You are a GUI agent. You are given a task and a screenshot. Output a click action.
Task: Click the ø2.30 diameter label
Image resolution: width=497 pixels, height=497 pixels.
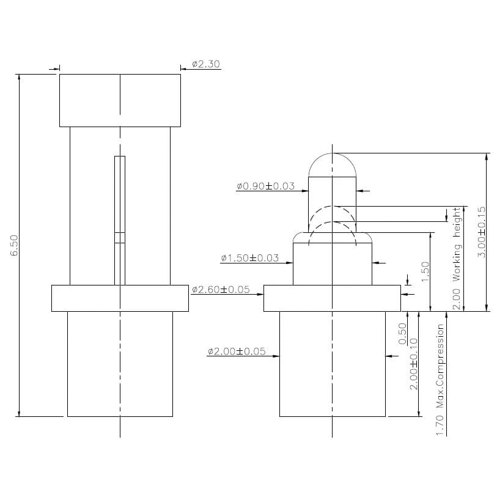coord(205,64)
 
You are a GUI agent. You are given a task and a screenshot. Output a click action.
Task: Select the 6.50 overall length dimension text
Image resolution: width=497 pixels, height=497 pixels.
coord(15,245)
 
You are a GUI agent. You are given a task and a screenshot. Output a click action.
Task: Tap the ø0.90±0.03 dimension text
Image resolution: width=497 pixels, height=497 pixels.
coord(265,186)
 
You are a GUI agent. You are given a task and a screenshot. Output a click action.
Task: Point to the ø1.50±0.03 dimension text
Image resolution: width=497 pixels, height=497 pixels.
coord(249,258)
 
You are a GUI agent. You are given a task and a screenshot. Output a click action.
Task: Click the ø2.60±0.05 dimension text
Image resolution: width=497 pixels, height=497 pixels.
coord(221,289)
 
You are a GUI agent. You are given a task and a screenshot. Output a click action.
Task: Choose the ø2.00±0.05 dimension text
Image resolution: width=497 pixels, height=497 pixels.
coord(237,352)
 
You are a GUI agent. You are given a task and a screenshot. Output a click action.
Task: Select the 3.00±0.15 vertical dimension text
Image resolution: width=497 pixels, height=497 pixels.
coord(481,232)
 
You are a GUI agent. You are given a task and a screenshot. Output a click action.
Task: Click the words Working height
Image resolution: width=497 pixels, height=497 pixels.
coord(456,245)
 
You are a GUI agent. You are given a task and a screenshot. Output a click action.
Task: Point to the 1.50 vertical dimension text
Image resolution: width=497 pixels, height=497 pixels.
coord(425,272)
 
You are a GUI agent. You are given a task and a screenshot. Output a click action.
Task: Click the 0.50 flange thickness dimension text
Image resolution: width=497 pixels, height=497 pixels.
coord(402,334)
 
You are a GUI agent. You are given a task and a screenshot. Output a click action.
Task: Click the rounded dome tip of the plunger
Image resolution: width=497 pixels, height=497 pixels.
coord(332,164)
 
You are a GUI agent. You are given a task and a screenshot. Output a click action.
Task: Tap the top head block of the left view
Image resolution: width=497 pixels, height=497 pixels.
coord(120,100)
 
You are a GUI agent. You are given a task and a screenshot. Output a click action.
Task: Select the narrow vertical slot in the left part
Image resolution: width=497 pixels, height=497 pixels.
coord(120,220)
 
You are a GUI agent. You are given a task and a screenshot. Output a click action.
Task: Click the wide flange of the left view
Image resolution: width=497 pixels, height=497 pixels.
coord(120,298)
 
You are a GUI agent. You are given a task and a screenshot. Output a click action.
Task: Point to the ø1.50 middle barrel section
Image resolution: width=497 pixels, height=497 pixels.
coord(332,263)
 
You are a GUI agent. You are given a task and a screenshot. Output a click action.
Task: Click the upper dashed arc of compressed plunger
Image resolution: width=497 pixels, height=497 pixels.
coord(332,208)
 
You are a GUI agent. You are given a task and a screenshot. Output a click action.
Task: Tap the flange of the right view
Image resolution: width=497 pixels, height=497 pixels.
coord(332,298)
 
